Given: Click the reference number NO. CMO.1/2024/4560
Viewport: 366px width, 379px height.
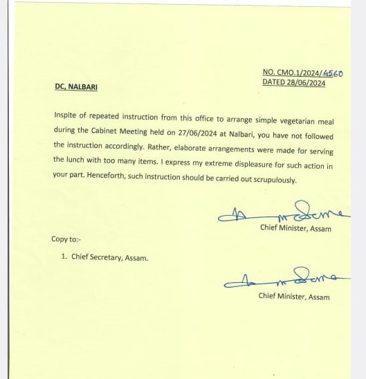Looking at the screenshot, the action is (x=302, y=73).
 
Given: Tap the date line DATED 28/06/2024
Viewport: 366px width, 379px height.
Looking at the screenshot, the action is (x=293, y=82).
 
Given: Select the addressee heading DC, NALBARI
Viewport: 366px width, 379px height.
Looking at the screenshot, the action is (x=81, y=87).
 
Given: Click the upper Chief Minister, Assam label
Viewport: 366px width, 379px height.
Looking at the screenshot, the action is (x=295, y=228).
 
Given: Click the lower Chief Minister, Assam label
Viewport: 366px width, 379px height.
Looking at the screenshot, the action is (x=294, y=297).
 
